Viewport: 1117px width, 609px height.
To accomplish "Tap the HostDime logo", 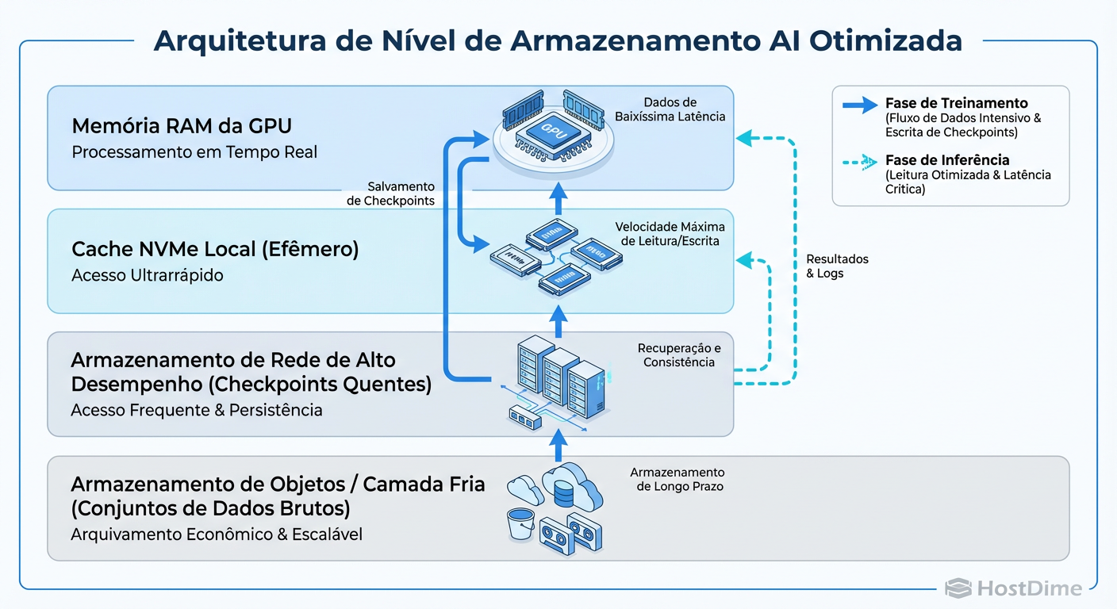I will click(x=1013, y=588).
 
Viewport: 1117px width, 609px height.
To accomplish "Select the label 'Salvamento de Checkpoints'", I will click(x=391, y=193).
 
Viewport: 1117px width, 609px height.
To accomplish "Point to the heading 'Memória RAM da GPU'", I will click(x=182, y=126).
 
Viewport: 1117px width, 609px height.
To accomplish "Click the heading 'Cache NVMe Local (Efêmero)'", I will click(x=215, y=250).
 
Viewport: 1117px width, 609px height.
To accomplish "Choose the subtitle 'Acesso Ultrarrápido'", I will click(x=147, y=276).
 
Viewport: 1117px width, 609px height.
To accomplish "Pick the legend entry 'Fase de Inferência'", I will click(x=946, y=159).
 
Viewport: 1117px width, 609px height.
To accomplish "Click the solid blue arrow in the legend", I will click(x=859, y=104).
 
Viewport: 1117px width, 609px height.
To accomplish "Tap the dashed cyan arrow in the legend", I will click(x=859, y=161).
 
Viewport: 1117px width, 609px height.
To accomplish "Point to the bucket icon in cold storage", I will click(x=521, y=523).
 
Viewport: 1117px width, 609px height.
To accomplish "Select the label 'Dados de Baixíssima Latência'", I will click(x=670, y=109).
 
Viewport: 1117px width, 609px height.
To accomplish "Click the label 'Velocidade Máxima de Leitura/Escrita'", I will click(x=670, y=234).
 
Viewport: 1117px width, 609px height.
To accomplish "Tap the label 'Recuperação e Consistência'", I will click(x=679, y=355).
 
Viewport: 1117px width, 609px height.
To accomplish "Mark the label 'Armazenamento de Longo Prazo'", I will click(x=677, y=479).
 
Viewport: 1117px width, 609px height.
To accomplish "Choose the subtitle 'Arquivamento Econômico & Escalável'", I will click(x=217, y=534).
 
